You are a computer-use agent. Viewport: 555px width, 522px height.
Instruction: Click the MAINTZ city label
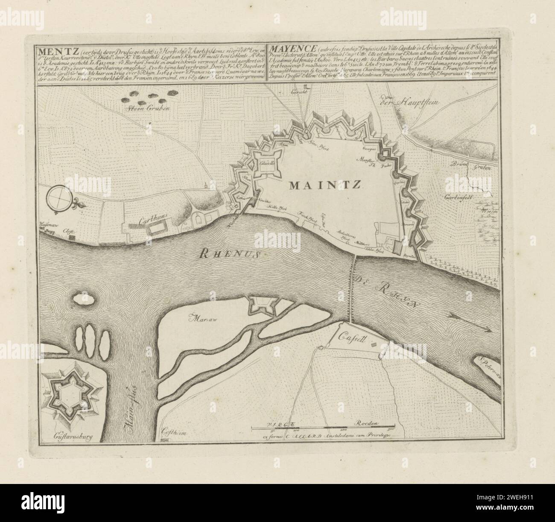(x=325, y=185)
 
